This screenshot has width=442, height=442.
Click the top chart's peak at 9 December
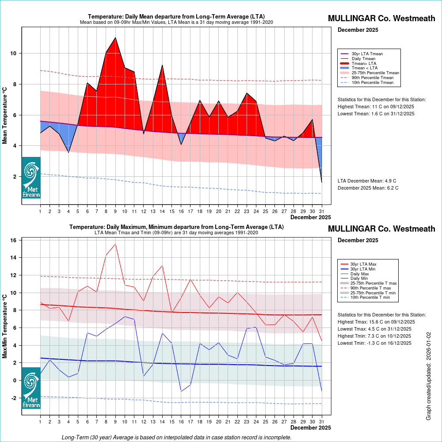pos(115,38)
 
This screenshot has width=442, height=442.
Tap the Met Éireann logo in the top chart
pos(31,177)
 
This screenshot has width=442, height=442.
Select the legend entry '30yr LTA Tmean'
pos(367,54)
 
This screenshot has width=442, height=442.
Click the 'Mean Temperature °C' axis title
pos(5,115)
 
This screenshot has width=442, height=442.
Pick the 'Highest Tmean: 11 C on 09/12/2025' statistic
pos(376,107)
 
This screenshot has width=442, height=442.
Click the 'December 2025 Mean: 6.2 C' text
pos(368,188)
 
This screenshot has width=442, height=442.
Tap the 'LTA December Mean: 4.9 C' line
pos(367,181)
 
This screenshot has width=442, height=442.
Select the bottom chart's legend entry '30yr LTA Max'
pos(363,264)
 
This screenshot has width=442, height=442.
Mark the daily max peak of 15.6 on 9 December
pos(115,244)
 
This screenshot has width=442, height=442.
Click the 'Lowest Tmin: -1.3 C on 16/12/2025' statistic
pos(374,343)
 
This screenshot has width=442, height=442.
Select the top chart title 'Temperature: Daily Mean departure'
pos(176,16)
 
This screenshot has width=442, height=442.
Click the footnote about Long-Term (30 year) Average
pos(176,437)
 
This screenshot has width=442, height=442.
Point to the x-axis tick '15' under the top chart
pos(171,211)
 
